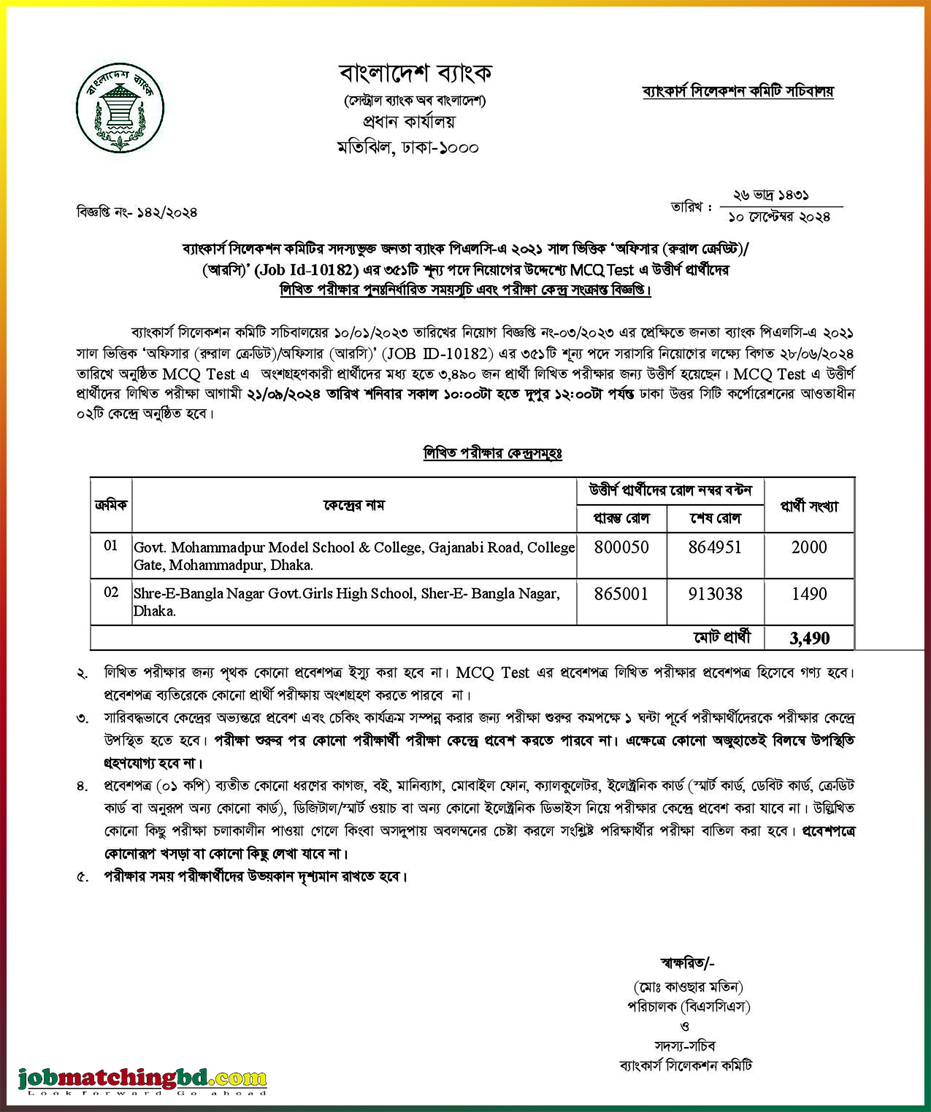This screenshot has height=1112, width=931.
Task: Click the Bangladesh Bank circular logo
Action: [x=120, y=108]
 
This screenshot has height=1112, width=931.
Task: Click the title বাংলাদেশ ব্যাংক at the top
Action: [x=415, y=73]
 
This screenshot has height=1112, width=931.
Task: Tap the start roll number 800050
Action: [x=621, y=547]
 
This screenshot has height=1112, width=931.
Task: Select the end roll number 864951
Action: [x=715, y=547]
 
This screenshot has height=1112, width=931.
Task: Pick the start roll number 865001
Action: [x=621, y=594]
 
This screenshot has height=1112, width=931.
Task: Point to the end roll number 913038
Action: [x=715, y=594]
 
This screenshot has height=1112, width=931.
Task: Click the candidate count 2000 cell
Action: [x=809, y=547]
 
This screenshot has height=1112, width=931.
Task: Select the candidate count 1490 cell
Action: [x=809, y=594]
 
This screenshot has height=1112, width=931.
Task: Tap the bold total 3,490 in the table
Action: [x=809, y=638]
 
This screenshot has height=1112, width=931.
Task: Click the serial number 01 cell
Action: [x=111, y=546]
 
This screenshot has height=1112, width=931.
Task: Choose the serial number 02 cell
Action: [x=111, y=592]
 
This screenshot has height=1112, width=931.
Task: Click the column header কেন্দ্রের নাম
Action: [x=354, y=505]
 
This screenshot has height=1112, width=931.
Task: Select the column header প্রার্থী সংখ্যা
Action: [x=809, y=506]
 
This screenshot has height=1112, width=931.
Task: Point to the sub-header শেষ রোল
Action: [x=715, y=518]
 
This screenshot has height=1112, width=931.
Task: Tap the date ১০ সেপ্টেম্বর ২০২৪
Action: [x=779, y=217]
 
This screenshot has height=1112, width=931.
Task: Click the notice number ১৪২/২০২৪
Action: [x=166, y=212]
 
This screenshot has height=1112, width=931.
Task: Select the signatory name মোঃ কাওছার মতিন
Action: [x=688, y=987]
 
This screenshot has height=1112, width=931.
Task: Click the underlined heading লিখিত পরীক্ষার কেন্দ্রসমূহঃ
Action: [x=493, y=453]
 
